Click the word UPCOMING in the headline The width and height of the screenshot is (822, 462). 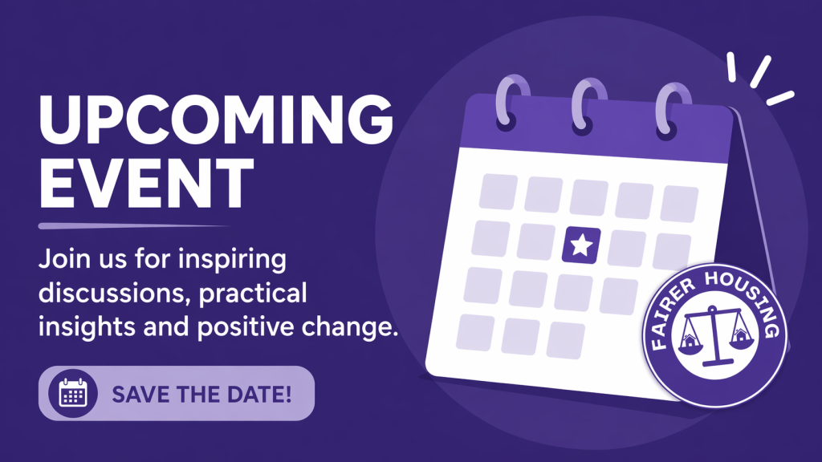point(216,120)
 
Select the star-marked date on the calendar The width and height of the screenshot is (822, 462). point(581,245)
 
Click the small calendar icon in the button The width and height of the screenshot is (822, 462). point(73,393)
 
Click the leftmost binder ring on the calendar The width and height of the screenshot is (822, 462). point(511,102)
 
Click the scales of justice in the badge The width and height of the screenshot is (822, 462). point(714,335)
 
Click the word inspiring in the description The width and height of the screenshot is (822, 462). point(232,260)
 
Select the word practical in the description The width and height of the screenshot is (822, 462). point(253,294)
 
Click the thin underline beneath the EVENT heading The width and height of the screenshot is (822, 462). point(133,226)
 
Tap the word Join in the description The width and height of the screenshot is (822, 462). point(58,259)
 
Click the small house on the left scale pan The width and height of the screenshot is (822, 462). point(690,341)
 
